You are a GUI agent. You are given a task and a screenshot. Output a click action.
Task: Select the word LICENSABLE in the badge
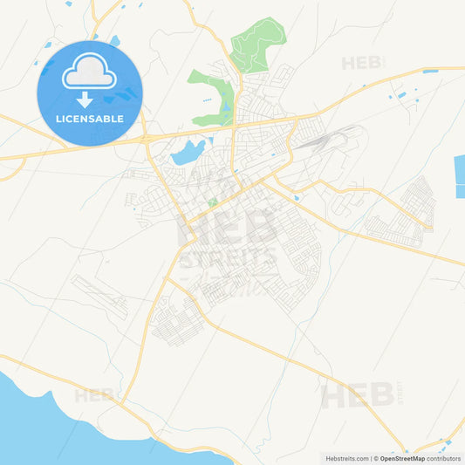pyautogui.click(x=89, y=118)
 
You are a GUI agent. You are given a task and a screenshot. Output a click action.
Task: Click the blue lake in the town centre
pyautogui.click(x=188, y=154)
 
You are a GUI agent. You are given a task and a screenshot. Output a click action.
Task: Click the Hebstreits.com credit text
pyautogui.click(x=347, y=458)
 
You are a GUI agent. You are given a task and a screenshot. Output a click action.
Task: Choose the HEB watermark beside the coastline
pyautogui.click(x=94, y=395)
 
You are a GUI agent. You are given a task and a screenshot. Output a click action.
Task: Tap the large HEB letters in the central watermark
pyautogui.click(x=229, y=225)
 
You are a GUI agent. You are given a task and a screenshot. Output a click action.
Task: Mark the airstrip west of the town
pyautogui.click(x=99, y=296)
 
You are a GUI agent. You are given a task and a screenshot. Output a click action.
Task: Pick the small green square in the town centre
pyautogui.click(x=213, y=203)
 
